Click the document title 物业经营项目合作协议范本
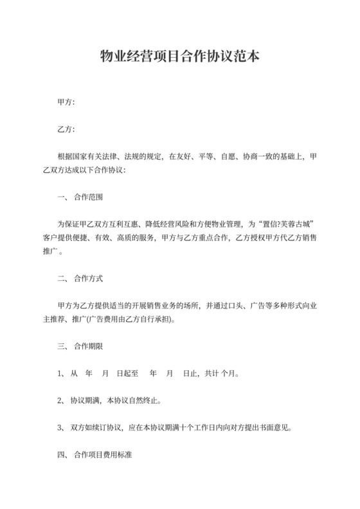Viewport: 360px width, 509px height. (180, 57)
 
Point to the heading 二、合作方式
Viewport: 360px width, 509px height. (80, 280)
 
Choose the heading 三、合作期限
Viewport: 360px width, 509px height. (80, 347)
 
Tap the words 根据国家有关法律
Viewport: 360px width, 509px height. (86, 156)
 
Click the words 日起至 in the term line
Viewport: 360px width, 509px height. (129, 374)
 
